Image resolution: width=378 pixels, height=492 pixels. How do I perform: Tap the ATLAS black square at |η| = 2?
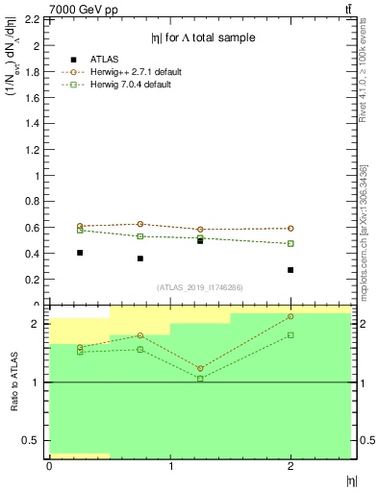(290, 270)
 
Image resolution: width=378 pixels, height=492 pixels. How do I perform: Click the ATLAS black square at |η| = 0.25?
(80, 253)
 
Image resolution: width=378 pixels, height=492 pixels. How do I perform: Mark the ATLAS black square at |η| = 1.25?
(200, 240)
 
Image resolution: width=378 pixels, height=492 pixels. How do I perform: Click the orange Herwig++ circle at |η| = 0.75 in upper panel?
(140, 224)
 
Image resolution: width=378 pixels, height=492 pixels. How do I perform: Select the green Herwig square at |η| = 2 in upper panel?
(290, 243)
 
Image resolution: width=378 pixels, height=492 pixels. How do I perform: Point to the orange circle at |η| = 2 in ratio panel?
(290, 316)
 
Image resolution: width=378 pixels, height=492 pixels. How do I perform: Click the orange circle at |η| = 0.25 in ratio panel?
(80, 348)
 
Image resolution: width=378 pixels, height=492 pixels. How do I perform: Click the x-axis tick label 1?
(170, 467)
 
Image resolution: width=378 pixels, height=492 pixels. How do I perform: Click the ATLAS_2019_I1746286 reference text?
(200, 287)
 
